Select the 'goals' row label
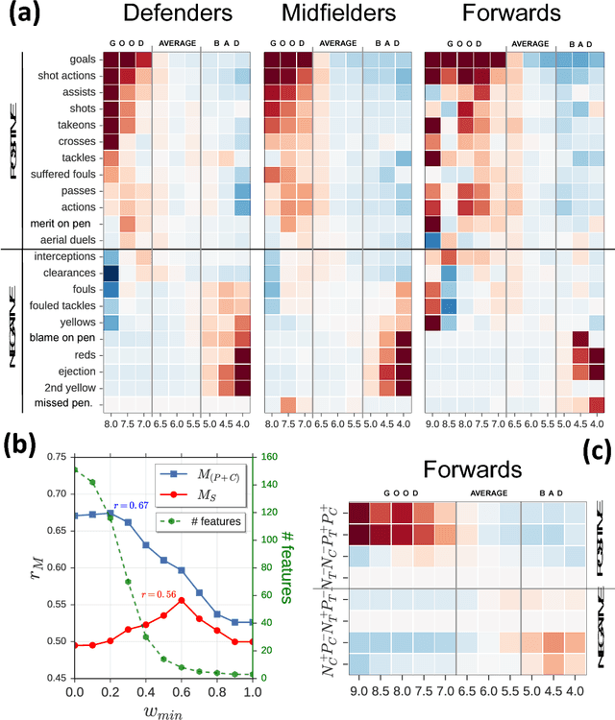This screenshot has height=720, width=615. point(78,59)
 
